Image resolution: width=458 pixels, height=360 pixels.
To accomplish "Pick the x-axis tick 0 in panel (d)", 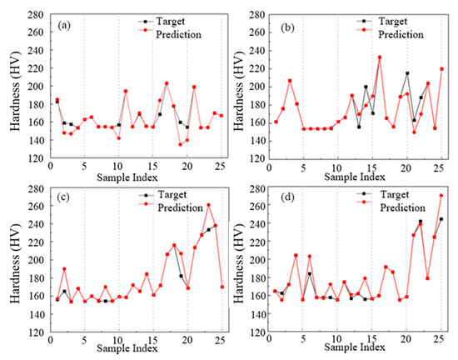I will [268, 341].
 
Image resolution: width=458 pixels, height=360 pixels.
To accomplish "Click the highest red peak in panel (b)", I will [380, 57].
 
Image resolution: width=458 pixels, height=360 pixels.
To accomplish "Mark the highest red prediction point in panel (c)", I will [208, 205].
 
